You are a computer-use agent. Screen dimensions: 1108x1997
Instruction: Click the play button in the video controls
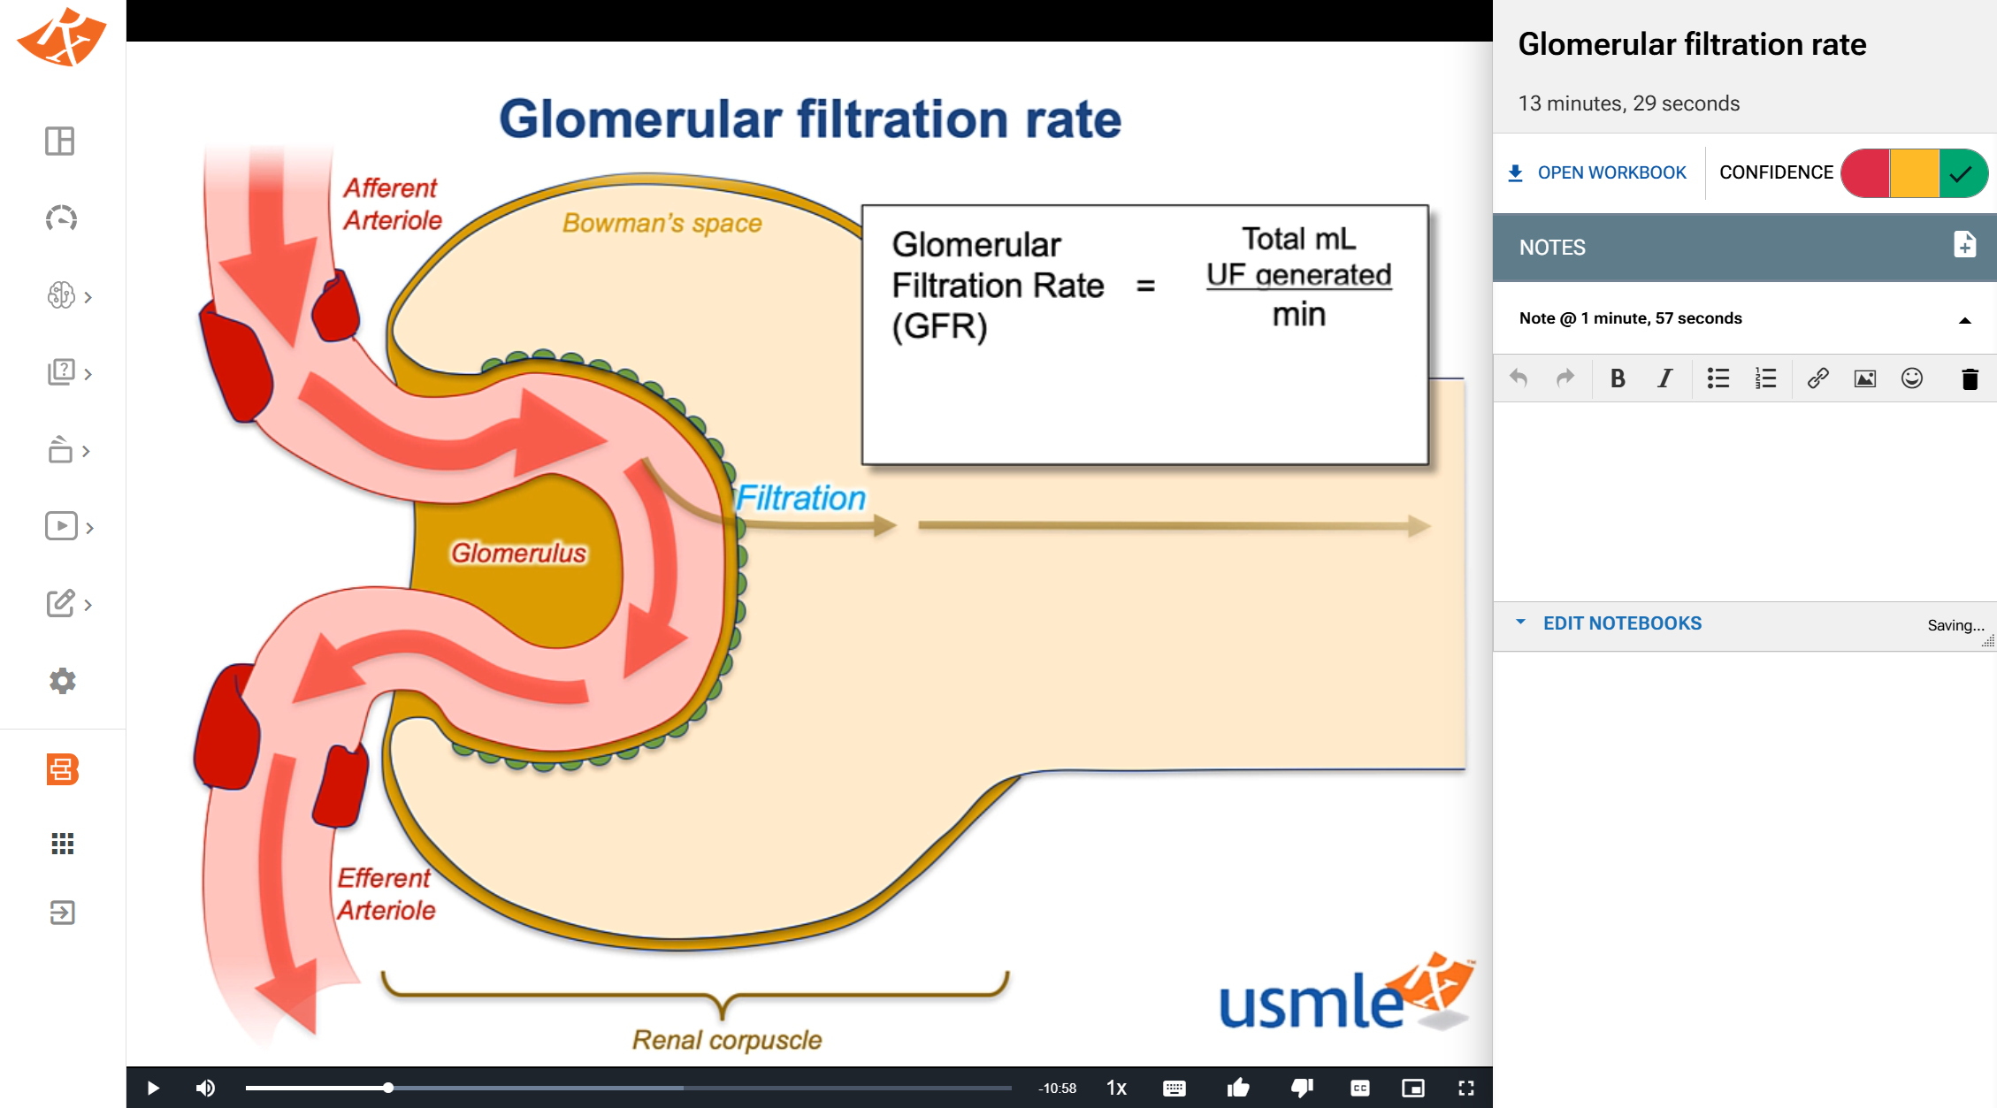tap(153, 1088)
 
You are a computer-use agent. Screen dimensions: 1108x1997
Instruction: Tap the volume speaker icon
tap(205, 1088)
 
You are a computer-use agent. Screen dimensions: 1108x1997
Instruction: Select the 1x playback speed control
tap(1116, 1088)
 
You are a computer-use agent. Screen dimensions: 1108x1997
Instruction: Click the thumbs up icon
tap(1238, 1088)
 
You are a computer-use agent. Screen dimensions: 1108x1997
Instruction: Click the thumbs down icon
tap(1302, 1088)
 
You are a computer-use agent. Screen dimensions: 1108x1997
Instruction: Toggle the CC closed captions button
tap(1360, 1088)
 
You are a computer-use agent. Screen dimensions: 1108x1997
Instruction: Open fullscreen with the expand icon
tap(1465, 1088)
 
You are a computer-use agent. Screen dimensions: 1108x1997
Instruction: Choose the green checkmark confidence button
tap(1962, 173)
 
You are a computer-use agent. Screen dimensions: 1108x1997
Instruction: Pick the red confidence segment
tap(1865, 173)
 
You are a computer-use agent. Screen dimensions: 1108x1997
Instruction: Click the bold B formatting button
tap(1618, 378)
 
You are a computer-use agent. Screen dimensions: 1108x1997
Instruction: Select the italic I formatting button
tap(1664, 378)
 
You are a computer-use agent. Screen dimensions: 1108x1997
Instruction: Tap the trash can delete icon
tap(1970, 379)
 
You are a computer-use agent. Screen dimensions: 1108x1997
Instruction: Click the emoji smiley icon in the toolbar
tap(1911, 378)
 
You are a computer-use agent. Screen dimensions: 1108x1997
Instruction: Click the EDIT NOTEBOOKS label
tap(1622, 623)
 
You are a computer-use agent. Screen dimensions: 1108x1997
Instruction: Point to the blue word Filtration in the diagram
tap(800, 498)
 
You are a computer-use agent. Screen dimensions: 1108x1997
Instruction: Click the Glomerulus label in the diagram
tap(518, 554)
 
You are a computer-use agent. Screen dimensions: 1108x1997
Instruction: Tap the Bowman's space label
tap(662, 223)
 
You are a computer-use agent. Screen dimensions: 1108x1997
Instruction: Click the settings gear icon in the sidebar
tap(62, 681)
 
